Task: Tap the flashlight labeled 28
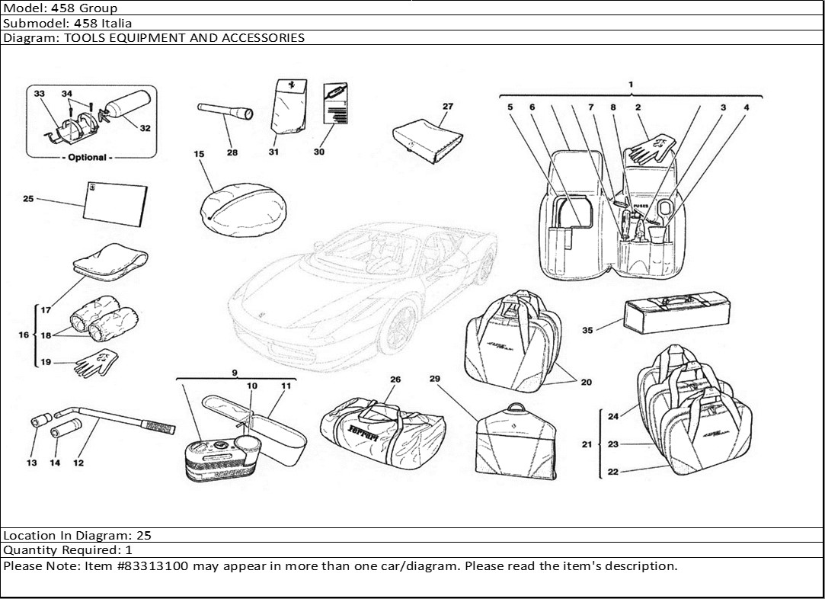click(225, 111)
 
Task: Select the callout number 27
click(448, 107)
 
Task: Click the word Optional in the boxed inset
click(87, 158)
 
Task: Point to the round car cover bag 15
click(244, 210)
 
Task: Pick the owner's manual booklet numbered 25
click(116, 203)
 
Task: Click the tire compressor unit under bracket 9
click(221, 458)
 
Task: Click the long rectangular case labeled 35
click(676, 312)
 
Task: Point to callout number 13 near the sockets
click(31, 463)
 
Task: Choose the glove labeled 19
click(96, 363)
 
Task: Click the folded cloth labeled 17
click(110, 260)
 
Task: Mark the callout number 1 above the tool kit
click(631, 85)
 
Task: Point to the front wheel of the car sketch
click(399, 328)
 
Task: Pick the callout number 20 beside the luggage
click(586, 382)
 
